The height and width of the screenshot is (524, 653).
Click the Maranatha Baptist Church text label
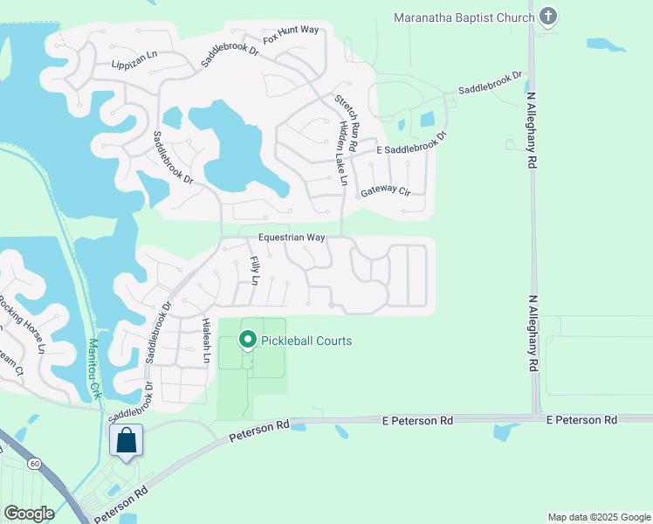[x=463, y=17]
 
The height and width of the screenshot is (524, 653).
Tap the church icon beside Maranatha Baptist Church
[x=547, y=17]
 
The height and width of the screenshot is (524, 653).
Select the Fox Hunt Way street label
[x=291, y=35]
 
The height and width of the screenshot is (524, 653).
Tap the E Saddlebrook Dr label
[x=411, y=145]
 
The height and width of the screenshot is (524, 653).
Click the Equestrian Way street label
[x=292, y=238]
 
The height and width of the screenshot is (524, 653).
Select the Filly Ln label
[x=254, y=271]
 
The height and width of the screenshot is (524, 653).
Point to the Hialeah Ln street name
[x=207, y=340]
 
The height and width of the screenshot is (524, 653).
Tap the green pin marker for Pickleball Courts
[x=248, y=340]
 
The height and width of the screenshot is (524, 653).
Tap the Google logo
[x=29, y=513]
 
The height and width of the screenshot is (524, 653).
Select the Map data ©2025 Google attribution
[x=599, y=517]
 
